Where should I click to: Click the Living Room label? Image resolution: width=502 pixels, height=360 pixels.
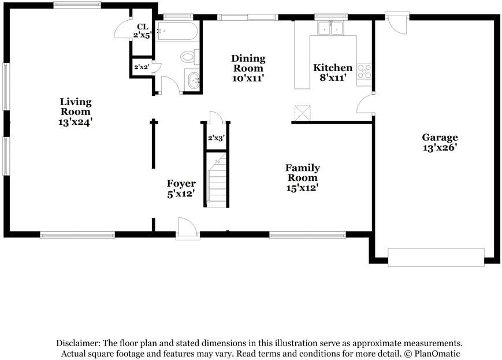76,112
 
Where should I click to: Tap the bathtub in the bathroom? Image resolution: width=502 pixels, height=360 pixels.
179,31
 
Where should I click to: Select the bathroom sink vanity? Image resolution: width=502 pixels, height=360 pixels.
192,80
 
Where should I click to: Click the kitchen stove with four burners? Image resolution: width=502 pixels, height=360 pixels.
365,71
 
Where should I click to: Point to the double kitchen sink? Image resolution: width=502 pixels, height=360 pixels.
331,28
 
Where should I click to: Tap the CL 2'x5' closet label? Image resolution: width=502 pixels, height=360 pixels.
142,31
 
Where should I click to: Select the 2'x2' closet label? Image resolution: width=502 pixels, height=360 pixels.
142,67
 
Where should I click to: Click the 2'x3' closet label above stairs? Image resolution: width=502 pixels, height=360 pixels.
215,138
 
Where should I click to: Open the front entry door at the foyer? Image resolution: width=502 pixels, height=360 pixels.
187,229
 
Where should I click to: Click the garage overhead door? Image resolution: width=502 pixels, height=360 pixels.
436,257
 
